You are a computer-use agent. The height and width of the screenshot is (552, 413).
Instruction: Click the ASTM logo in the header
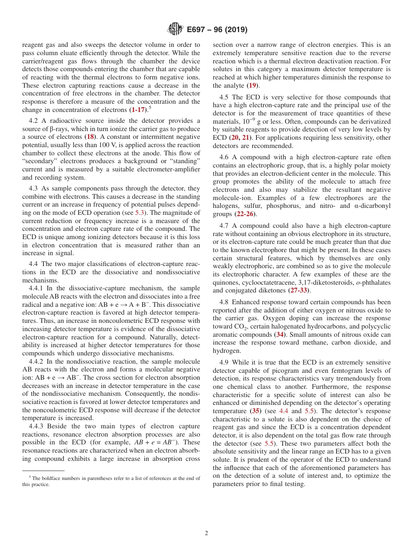[x=176, y=30]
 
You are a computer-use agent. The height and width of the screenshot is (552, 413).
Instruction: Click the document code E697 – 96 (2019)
[x=217, y=30]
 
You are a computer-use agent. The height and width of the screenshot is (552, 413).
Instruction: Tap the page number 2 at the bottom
[x=206, y=533]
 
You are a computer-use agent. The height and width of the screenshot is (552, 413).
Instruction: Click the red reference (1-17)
[x=138, y=110]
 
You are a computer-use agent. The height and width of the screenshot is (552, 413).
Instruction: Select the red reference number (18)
[x=90, y=137]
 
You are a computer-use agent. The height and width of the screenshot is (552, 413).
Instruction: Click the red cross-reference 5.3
[x=141, y=213]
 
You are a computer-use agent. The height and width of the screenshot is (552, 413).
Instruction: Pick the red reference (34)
[x=280, y=335]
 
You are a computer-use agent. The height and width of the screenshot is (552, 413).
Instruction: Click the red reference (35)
[x=256, y=411]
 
